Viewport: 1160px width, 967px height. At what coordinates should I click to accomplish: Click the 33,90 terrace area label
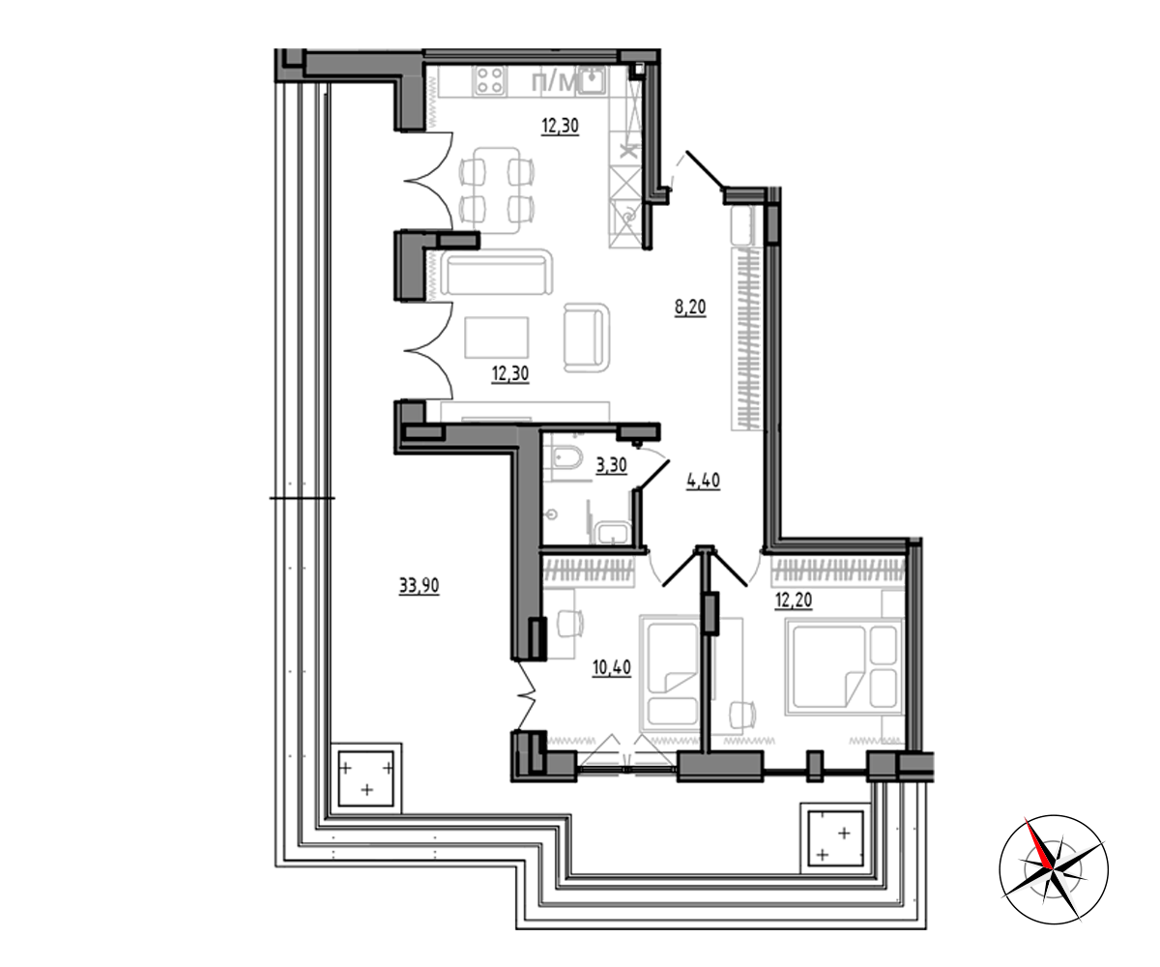coord(419,586)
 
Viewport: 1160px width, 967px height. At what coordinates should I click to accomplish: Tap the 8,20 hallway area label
coord(690,307)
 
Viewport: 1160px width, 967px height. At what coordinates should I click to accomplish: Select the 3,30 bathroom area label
coord(611,464)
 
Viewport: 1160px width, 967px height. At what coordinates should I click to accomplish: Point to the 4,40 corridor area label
coord(704,481)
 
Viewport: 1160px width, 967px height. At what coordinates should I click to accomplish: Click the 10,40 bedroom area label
coord(612,667)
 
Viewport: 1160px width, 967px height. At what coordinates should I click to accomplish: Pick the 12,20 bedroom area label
coord(794,601)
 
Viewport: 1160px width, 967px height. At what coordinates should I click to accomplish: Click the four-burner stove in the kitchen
coord(489,80)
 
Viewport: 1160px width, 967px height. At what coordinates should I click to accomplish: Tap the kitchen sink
coord(593,80)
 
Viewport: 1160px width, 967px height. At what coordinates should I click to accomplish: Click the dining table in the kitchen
coord(497,190)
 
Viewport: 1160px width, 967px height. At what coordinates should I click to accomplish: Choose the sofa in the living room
coord(496,273)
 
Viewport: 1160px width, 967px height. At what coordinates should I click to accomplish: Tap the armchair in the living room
coord(587,337)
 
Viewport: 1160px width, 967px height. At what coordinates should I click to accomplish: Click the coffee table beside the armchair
coord(497,337)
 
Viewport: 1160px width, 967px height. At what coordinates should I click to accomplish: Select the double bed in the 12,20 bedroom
coord(843,667)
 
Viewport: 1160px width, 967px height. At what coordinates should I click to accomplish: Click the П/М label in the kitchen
coord(552,83)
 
